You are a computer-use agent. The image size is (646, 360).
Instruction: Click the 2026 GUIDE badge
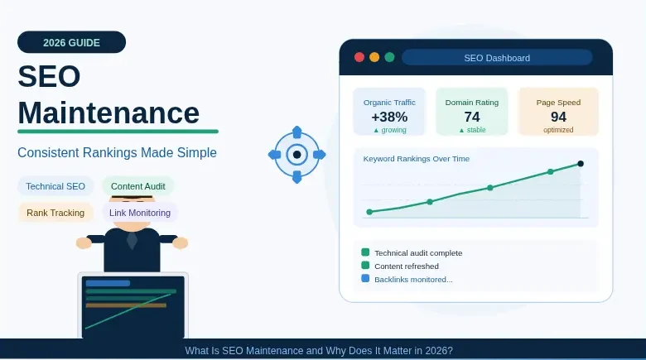pyautogui.click(x=71, y=42)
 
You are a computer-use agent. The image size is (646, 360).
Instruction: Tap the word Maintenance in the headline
pyautogui.click(x=108, y=113)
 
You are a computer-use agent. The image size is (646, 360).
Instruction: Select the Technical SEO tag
pyautogui.click(x=55, y=186)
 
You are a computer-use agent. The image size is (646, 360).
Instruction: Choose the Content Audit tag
pyautogui.click(x=138, y=186)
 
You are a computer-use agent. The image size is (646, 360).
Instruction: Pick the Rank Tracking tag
pyautogui.click(x=55, y=213)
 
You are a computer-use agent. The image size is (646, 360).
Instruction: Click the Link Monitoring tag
pyautogui.click(x=140, y=213)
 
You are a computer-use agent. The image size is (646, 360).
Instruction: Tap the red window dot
pyautogui.click(x=359, y=57)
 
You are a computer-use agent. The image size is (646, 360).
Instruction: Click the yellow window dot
pyautogui.click(x=374, y=57)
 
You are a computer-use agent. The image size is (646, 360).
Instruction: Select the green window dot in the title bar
pyautogui.click(x=389, y=57)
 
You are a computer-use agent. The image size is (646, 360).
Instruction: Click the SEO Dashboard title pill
pyautogui.click(x=497, y=58)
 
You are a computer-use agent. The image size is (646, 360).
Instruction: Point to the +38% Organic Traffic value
pyautogui.click(x=389, y=117)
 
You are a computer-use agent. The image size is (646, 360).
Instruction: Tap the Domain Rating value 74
pyautogui.click(x=472, y=117)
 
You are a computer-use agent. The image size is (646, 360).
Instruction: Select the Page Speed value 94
pyautogui.click(x=558, y=117)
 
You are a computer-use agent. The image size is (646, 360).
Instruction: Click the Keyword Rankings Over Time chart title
pyautogui.click(x=417, y=158)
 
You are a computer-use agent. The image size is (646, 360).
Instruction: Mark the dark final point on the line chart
pyautogui.click(x=581, y=164)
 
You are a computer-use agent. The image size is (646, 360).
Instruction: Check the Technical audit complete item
pyautogui.click(x=418, y=252)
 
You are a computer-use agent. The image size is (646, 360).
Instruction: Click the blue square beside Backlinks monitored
pyautogui.click(x=365, y=279)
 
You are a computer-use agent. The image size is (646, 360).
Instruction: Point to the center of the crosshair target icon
pyautogui.click(x=296, y=154)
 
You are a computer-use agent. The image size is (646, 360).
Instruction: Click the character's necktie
pyautogui.click(x=132, y=241)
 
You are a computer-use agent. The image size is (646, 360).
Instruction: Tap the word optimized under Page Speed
pyautogui.click(x=558, y=130)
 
